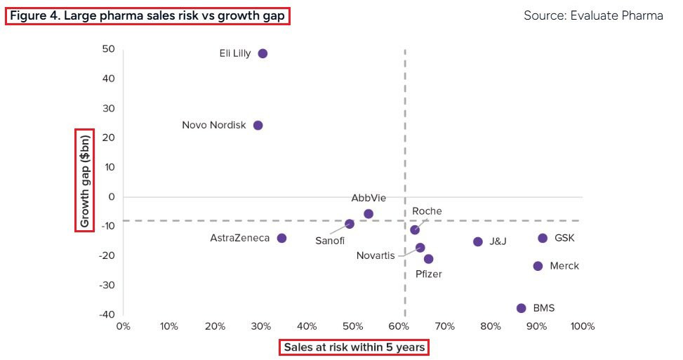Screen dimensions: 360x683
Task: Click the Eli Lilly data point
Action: point(263,53)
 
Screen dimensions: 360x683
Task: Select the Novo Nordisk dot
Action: point(258,126)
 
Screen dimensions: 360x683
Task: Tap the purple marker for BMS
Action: point(521,308)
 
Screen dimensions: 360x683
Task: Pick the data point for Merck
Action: point(538,266)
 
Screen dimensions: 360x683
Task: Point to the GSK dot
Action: point(543,238)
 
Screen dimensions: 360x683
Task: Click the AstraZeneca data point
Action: point(281,238)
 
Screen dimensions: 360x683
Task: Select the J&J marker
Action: point(478,241)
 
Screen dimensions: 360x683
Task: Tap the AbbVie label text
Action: point(369,199)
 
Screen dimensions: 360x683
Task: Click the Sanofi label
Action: point(330,240)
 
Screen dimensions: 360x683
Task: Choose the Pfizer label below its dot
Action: point(429,274)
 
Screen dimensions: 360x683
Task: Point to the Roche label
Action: point(427,211)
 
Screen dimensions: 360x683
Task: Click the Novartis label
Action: point(376,255)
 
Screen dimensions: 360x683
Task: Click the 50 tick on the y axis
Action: point(108,49)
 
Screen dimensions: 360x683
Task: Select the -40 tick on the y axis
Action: point(106,314)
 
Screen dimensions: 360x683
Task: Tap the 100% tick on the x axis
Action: point(582,326)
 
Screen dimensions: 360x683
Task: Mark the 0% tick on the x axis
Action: point(123,326)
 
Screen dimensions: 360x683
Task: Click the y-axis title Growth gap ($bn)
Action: point(85,180)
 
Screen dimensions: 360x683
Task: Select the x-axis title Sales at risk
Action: point(354,347)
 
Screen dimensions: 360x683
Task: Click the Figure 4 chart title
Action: point(147,15)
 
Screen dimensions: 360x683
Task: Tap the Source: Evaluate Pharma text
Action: point(593,15)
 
